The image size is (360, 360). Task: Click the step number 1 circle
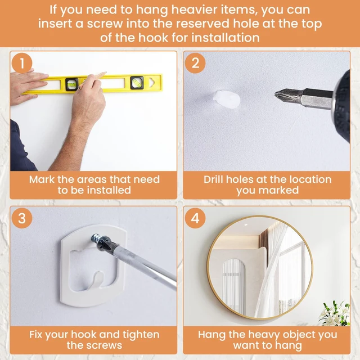[22, 63]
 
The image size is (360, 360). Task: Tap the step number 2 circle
[195, 63]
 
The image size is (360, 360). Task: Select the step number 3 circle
[22, 218]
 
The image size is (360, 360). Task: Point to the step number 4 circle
[195, 218]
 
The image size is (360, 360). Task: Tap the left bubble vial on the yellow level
[71, 84]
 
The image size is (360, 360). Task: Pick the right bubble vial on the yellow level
[137, 83]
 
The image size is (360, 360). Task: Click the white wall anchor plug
[227, 99]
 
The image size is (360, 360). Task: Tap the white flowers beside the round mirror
[335, 314]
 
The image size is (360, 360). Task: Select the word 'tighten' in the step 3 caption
[141, 335]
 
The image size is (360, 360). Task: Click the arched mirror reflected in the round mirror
[234, 285]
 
